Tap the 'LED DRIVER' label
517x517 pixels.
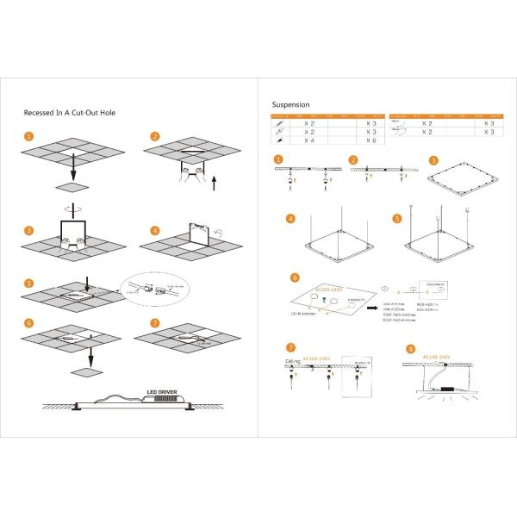pos(163,390)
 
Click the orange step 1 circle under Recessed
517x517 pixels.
pos(30,136)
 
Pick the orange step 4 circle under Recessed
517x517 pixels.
pos(155,231)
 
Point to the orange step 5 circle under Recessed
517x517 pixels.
pos(30,283)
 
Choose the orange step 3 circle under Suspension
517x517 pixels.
pos(433,160)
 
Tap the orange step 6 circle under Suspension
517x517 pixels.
pos(295,278)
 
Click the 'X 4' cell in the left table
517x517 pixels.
pos(307,140)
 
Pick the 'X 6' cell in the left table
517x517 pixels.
pos(371,140)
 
